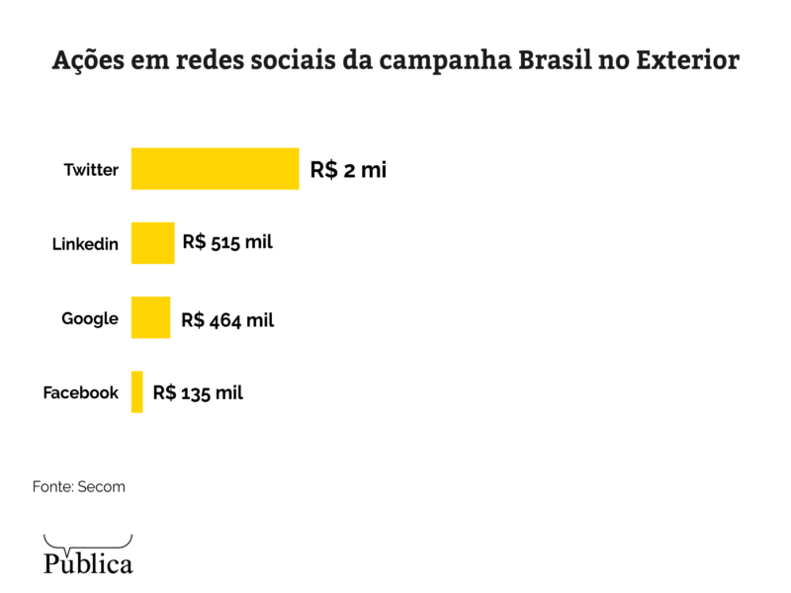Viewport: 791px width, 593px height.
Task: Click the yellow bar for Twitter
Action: point(215,168)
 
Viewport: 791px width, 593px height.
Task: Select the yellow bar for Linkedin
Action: point(152,243)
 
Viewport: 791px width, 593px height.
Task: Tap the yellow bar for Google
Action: point(150,317)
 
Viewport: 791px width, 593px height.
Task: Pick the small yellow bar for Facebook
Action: point(137,391)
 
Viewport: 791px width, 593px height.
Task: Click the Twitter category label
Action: point(91,170)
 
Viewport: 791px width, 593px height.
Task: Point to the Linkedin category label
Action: point(85,244)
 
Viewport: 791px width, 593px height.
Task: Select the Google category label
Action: point(90,318)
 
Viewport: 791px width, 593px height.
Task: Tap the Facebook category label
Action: point(80,392)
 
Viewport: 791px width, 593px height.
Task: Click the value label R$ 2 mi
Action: point(348,170)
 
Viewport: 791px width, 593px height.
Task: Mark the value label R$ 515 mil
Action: point(227,243)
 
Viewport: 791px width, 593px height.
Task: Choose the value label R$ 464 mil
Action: point(227,319)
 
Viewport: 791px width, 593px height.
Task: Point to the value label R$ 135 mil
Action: point(198,392)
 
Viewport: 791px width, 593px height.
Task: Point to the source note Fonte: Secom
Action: point(79,487)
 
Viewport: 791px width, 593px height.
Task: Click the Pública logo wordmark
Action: point(88,564)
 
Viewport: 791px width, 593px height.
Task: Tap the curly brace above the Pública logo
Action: point(88,543)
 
